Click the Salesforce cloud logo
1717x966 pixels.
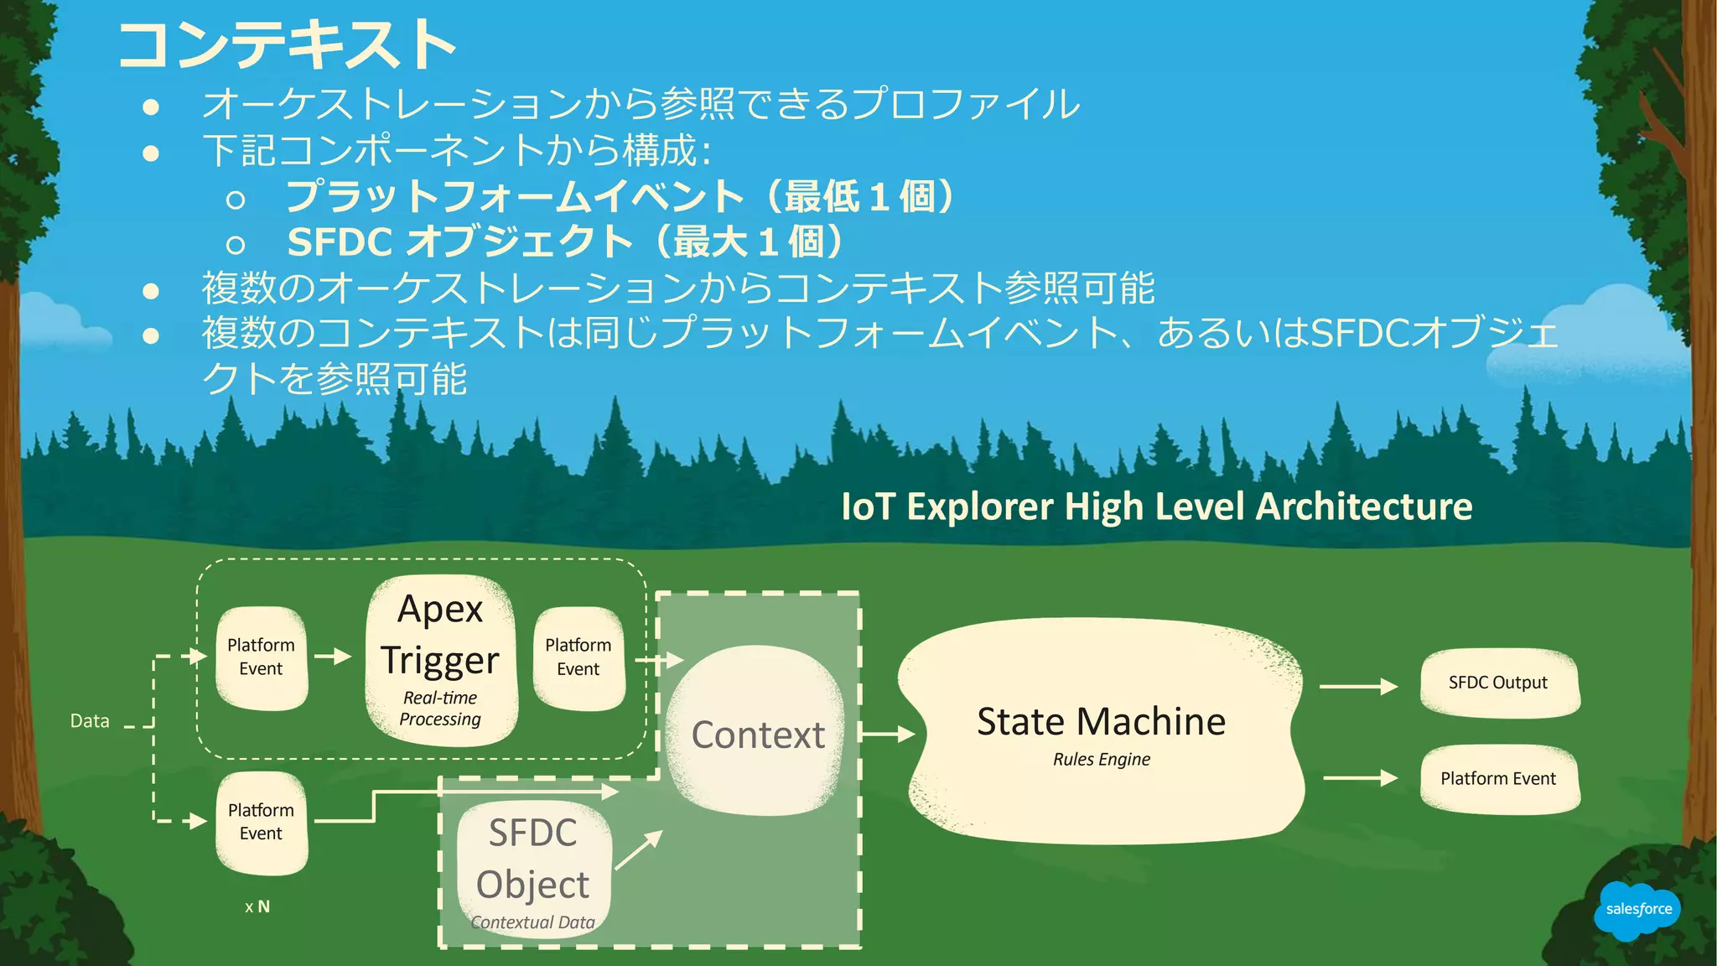coord(1637,910)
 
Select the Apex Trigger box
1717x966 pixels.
coord(441,660)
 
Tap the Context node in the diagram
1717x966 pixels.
coord(758,732)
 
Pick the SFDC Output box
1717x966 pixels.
coord(1498,683)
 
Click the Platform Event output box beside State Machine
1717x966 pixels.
coord(1498,779)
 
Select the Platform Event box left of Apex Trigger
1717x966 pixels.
coord(262,657)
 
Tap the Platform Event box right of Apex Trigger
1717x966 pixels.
coord(578,657)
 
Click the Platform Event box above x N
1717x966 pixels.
coord(262,823)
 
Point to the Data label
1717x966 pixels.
coord(90,721)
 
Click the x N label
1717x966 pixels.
coord(257,906)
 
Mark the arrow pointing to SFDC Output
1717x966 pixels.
coord(1358,687)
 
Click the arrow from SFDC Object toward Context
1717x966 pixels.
coord(639,849)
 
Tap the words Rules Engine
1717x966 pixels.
coord(1102,760)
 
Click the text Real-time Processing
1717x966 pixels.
coord(440,709)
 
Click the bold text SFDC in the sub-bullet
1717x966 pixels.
coord(340,243)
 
